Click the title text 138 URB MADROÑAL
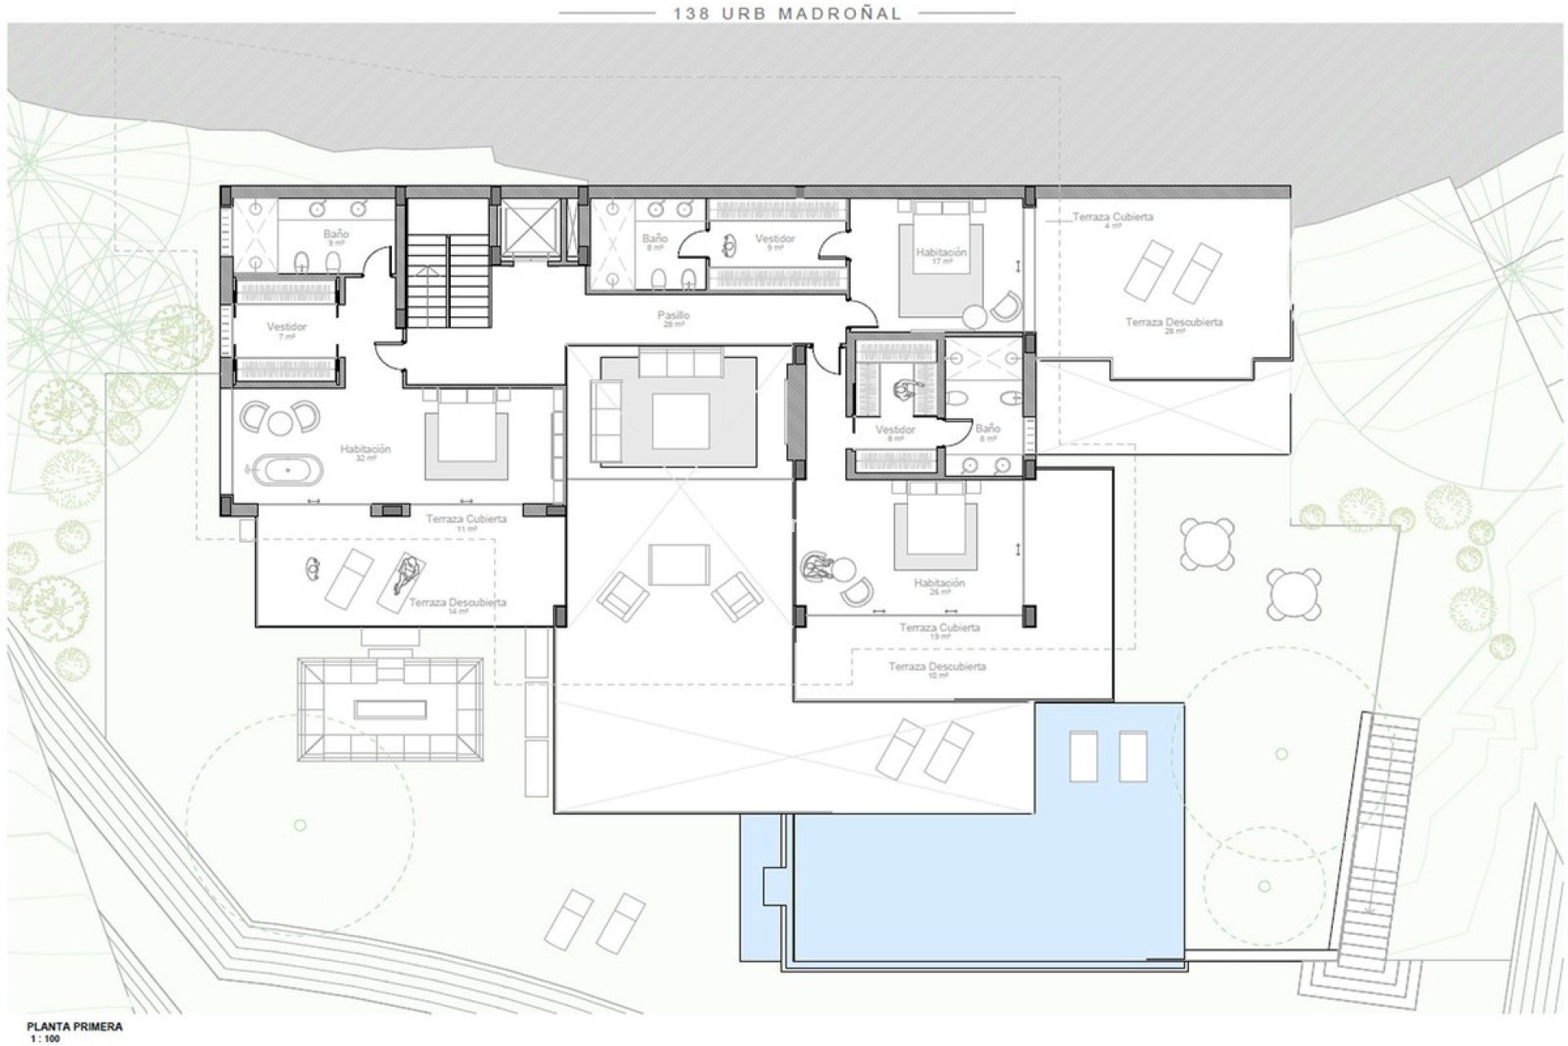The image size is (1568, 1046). [x=787, y=13]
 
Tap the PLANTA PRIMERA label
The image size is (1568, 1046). [x=74, y=1026]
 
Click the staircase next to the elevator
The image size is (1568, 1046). [x=448, y=279]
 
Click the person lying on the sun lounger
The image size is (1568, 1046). [x=407, y=574]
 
